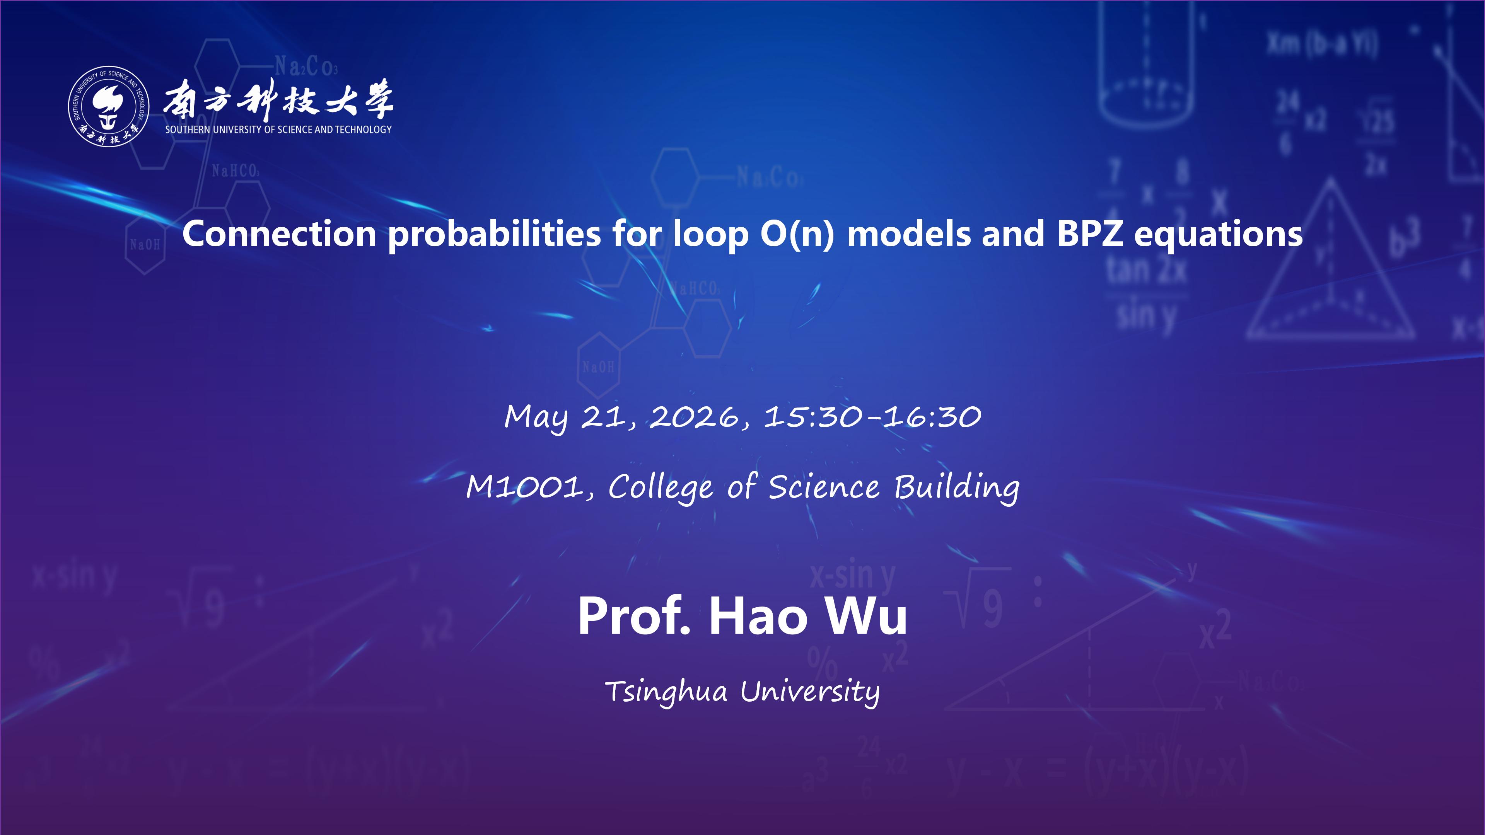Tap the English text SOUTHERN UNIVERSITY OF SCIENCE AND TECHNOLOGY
278,130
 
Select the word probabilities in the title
495,235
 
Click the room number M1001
525,487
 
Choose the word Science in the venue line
824,487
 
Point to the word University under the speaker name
810,692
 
